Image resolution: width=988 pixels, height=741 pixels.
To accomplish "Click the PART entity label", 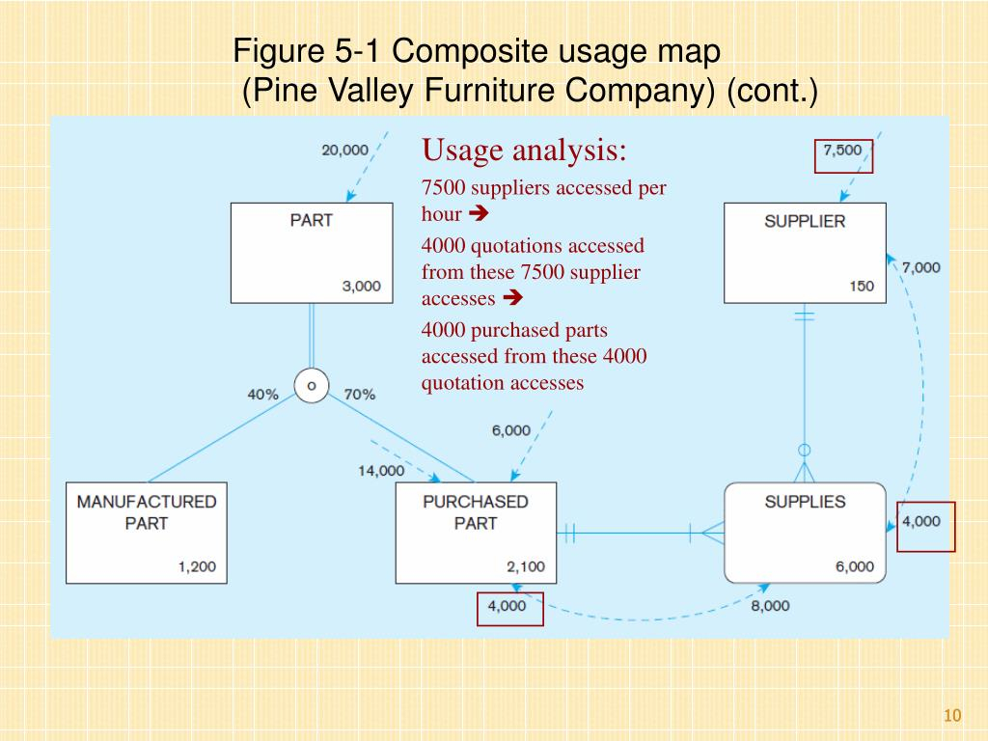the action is point(312,220).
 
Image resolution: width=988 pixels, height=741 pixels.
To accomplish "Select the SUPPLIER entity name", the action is point(805,221).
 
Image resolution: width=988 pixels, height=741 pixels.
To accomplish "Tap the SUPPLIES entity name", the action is point(805,502).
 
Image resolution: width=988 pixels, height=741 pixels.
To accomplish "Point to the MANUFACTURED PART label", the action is point(147,512).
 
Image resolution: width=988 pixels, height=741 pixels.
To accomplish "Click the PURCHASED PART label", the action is point(476,512).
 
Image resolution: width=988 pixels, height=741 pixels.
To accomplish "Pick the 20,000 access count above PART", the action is point(344,150).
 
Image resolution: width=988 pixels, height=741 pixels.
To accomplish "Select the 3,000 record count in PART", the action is point(362,286).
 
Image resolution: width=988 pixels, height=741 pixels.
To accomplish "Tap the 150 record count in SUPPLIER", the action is point(862,286).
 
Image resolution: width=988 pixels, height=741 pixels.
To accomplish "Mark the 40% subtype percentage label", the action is point(262,395).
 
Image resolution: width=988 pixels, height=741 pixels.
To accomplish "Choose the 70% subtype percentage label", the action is point(359,395).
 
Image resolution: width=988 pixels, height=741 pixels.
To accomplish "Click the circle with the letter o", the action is point(312,386).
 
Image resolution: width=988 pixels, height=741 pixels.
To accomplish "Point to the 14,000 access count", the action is point(381,471).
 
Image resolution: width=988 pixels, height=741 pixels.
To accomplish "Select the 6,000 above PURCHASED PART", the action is point(511,430).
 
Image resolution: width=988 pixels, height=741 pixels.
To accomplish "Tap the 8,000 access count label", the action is point(770,606).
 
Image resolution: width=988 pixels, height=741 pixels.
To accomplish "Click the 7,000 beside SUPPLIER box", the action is point(920,268).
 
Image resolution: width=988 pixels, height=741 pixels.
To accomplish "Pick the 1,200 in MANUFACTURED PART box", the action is point(197,566).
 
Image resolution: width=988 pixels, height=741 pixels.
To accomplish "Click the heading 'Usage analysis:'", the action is point(524,151).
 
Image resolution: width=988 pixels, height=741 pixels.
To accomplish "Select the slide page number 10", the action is point(952,715).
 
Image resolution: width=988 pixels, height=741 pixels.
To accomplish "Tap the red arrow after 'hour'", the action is point(479,213).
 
